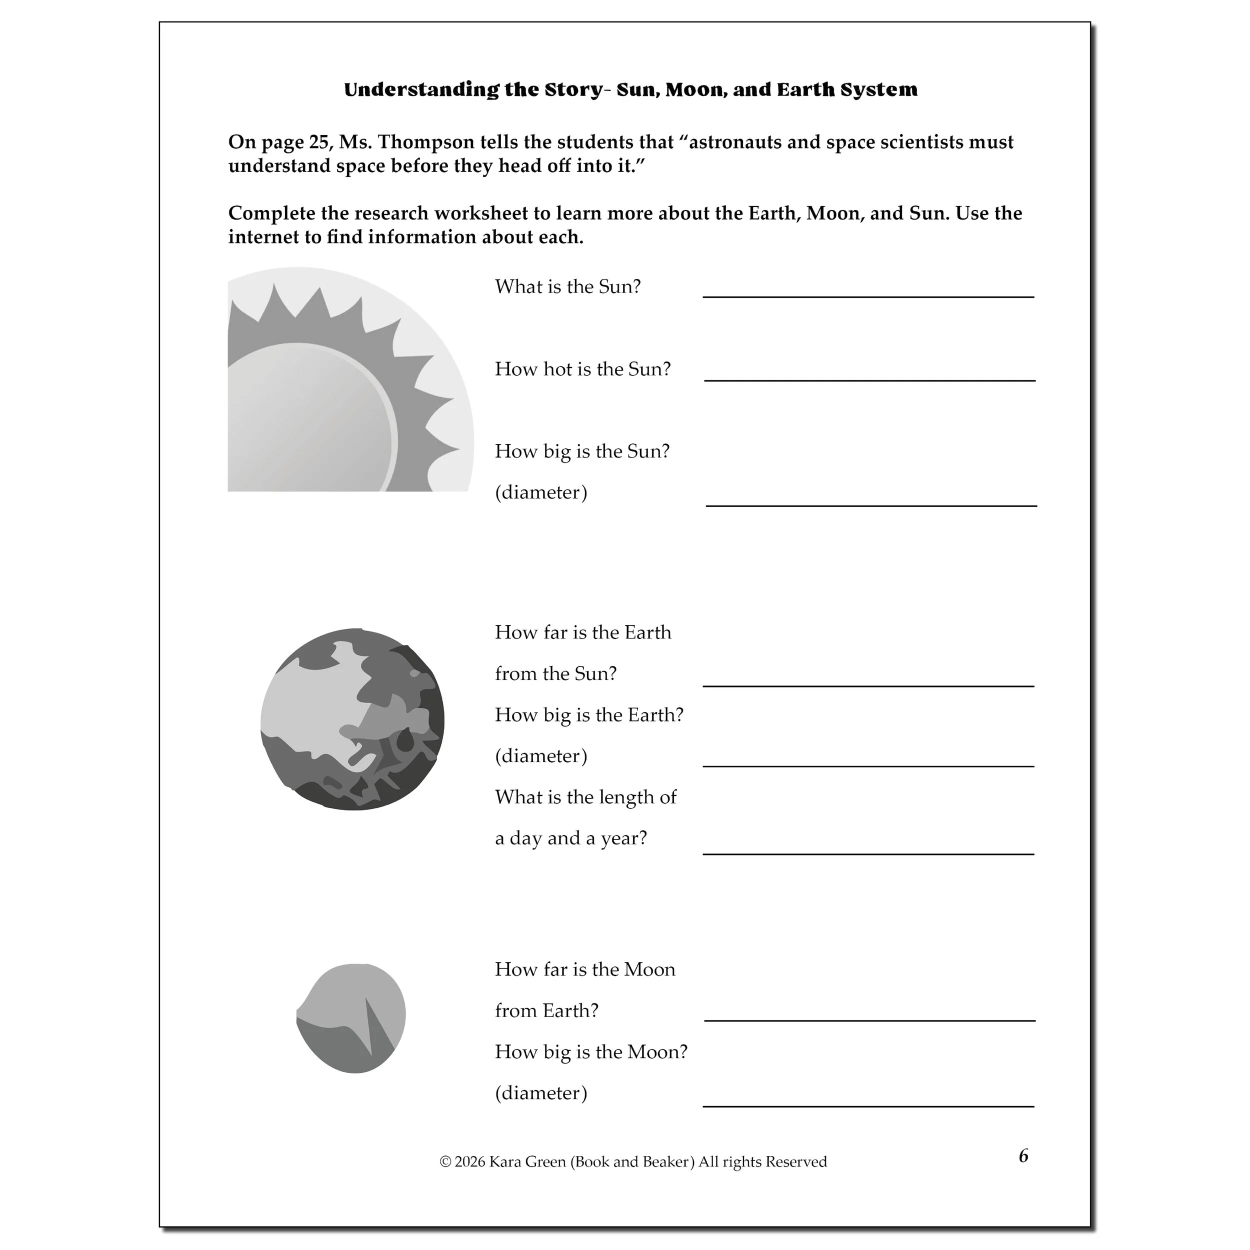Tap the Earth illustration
coord(352,719)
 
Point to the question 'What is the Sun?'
coord(567,286)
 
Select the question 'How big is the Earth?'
coord(589,715)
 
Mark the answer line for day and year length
coord(868,853)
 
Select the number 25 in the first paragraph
coord(319,142)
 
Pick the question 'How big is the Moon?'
coord(590,1052)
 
